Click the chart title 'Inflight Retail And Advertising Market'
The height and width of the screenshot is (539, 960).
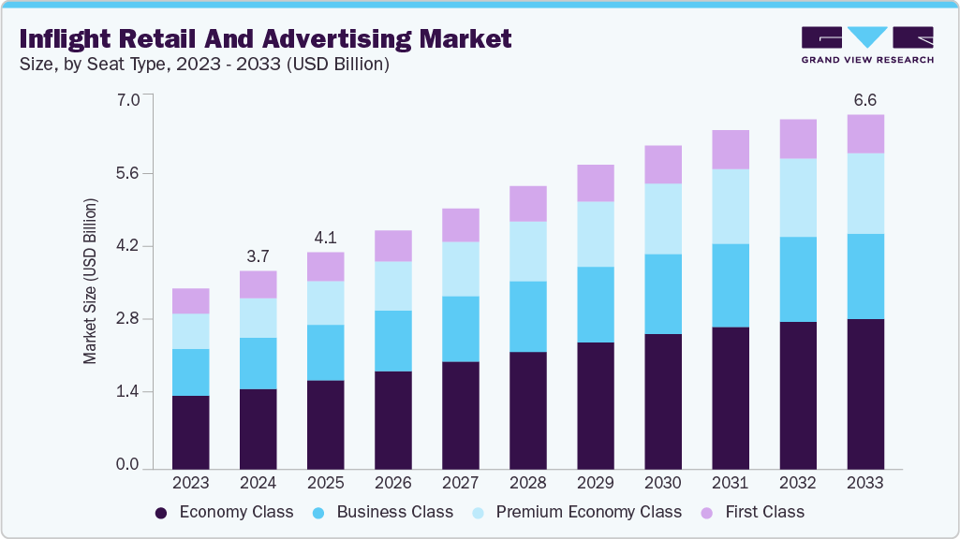[x=266, y=39]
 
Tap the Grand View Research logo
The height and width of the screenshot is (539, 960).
[x=867, y=45]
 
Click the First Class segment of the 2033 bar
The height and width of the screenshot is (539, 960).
[x=865, y=134]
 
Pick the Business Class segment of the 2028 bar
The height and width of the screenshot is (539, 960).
[x=528, y=316]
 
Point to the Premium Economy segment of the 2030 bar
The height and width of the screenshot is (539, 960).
[x=663, y=219]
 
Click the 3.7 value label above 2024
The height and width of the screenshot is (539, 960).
[x=258, y=255]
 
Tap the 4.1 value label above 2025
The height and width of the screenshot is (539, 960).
[x=326, y=237]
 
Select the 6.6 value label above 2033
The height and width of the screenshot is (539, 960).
[x=865, y=99]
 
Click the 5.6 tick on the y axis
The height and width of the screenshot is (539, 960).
[x=127, y=173]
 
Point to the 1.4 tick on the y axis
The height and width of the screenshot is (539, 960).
[x=127, y=391]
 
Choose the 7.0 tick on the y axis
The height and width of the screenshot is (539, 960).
[x=127, y=99]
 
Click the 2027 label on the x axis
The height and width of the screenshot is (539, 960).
[x=461, y=483]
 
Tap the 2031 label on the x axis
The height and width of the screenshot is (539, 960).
[x=731, y=483]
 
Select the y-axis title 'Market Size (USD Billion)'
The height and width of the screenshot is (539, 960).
[x=91, y=281]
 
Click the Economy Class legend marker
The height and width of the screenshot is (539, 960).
[x=161, y=513]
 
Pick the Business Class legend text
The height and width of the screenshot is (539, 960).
[x=394, y=512]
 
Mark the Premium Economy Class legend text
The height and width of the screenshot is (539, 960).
[x=588, y=512]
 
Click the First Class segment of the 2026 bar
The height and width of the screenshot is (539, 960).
[x=393, y=246]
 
